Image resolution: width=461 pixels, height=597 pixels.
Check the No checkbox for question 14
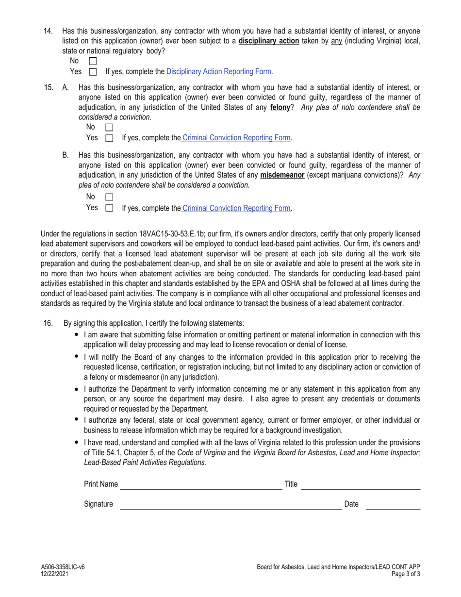tap(93, 61)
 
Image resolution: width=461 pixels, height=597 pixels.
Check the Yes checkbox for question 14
tap(93, 72)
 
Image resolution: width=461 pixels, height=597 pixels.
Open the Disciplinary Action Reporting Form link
tap(218, 71)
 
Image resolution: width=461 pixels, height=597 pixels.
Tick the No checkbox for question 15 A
tap(109, 128)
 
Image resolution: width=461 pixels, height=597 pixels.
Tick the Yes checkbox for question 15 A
tap(109, 138)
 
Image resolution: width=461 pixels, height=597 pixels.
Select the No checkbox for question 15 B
tap(109, 197)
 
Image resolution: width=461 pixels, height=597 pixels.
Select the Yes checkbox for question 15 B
tap(109, 208)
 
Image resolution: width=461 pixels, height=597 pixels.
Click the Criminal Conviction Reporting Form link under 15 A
tap(236, 138)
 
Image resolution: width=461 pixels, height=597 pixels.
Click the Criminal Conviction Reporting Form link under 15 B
tap(236, 208)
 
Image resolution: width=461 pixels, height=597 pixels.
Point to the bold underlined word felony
tap(280, 107)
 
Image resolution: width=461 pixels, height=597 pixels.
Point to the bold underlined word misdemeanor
tap(282, 175)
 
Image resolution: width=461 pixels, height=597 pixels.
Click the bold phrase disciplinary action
tap(268, 41)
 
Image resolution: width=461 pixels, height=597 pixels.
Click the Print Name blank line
tap(201, 485)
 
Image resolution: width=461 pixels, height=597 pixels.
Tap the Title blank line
tap(360, 485)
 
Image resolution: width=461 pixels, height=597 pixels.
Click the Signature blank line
tap(230, 505)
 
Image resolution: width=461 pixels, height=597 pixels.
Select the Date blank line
tap(393, 505)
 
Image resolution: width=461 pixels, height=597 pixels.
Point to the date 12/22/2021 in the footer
tap(54, 574)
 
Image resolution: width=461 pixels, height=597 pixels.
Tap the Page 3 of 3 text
tap(405, 574)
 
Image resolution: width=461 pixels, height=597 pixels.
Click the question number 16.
tap(48, 323)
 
